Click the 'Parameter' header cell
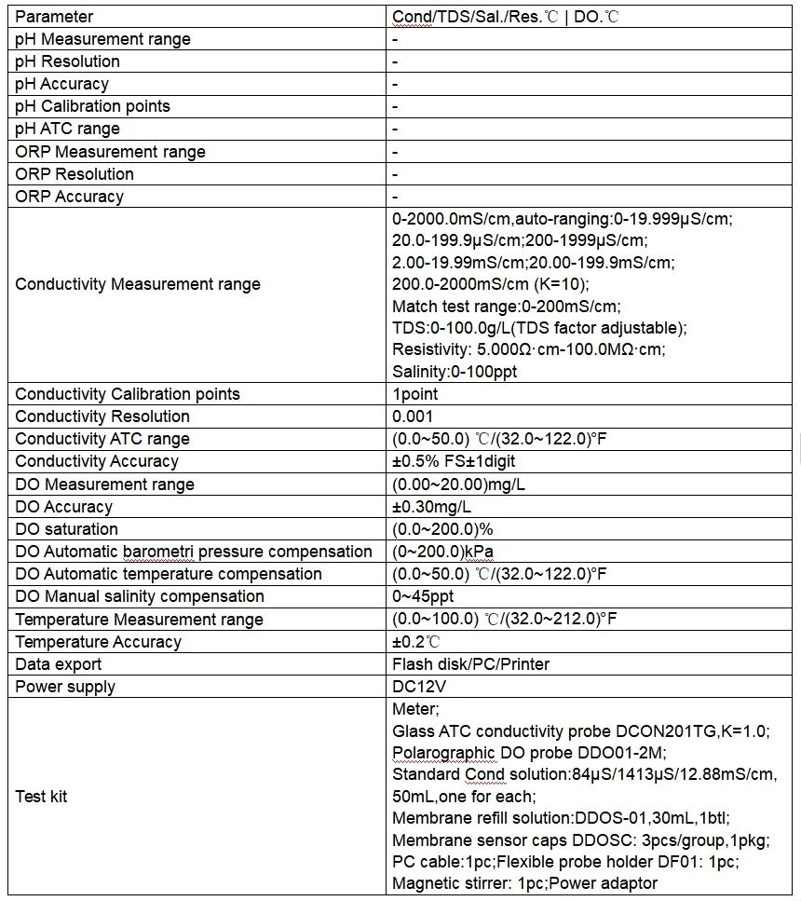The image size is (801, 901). pos(54,17)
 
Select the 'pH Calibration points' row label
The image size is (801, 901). pos(93,106)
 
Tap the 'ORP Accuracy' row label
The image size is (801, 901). pos(69,197)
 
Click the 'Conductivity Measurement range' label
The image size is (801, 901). pos(138,284)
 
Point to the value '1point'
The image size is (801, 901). pos(415,394)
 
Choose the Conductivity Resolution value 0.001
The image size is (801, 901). pos(413,416)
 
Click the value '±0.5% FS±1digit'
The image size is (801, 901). pos(454,461)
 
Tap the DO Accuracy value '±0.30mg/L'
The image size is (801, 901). pos(432,507)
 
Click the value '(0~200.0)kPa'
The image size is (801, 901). pos(442,552)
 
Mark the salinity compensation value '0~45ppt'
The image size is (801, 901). pos(423,596)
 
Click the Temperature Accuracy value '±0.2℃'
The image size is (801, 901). pos(416,642)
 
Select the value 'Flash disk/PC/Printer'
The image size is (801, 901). pos(471,664)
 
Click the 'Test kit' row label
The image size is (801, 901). pos(42,797)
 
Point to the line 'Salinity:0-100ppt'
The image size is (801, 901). pos(455,372)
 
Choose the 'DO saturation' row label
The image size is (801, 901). pos(67,529)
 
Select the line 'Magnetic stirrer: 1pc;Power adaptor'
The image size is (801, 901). pos(524,883)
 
